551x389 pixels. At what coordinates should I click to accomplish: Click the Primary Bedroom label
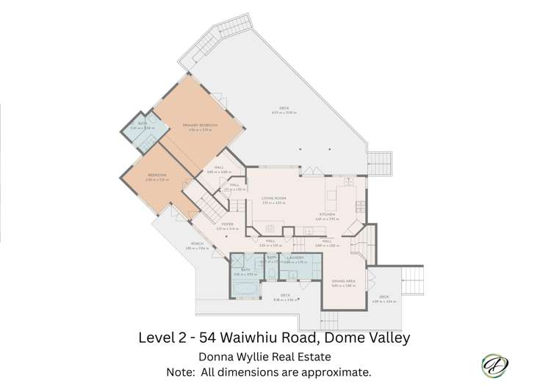point(201,126)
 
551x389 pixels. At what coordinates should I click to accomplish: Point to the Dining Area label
point(343,281)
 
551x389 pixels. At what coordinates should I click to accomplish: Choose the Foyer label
point(227,225)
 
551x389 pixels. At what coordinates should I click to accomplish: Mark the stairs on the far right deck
point(414,280)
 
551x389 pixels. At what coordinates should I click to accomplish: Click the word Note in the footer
point(182,373)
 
